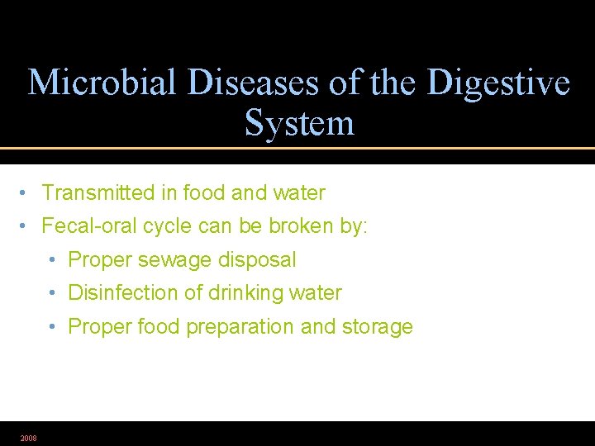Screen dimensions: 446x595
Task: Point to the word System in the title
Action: pos(299,124)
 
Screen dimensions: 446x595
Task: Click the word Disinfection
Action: pos(121,293)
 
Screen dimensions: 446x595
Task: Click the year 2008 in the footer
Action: pos(28,438)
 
